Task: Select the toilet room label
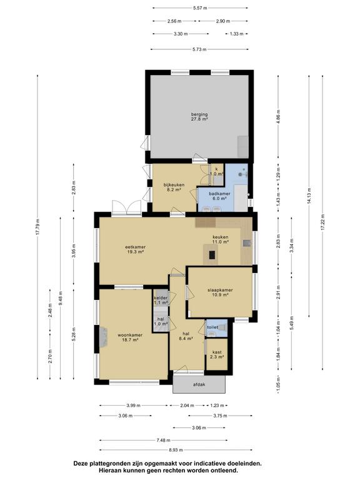212,327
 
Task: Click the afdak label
199,384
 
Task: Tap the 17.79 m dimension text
37,227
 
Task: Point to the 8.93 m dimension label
176,450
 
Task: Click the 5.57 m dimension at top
200,8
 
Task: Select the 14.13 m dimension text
309,196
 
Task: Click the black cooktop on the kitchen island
212,255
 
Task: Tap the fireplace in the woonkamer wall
103,337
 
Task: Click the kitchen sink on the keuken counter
247,243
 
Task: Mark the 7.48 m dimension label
163,440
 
